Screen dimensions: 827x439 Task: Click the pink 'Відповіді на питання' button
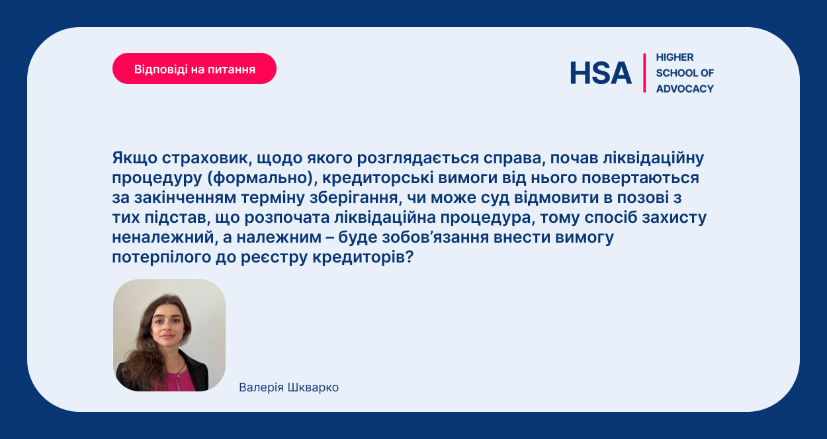coord(195,69)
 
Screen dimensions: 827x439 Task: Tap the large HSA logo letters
coord(601,73)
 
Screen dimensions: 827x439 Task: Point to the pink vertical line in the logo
coord(644,73)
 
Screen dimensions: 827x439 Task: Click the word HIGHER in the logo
coord(675,57)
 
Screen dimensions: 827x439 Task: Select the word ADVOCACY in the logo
coord(685,89)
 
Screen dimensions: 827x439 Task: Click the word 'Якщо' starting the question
coord(134,158)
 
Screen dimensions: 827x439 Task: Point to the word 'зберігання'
coord(356,198)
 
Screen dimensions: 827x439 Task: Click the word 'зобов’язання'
coord(435,237)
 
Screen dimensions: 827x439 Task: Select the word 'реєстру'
coord(274,258)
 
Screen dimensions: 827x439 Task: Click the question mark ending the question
coord(409,257)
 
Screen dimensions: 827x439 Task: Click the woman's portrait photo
coord(169,335)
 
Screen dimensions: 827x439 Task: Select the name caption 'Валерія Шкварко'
coord(288,387)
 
